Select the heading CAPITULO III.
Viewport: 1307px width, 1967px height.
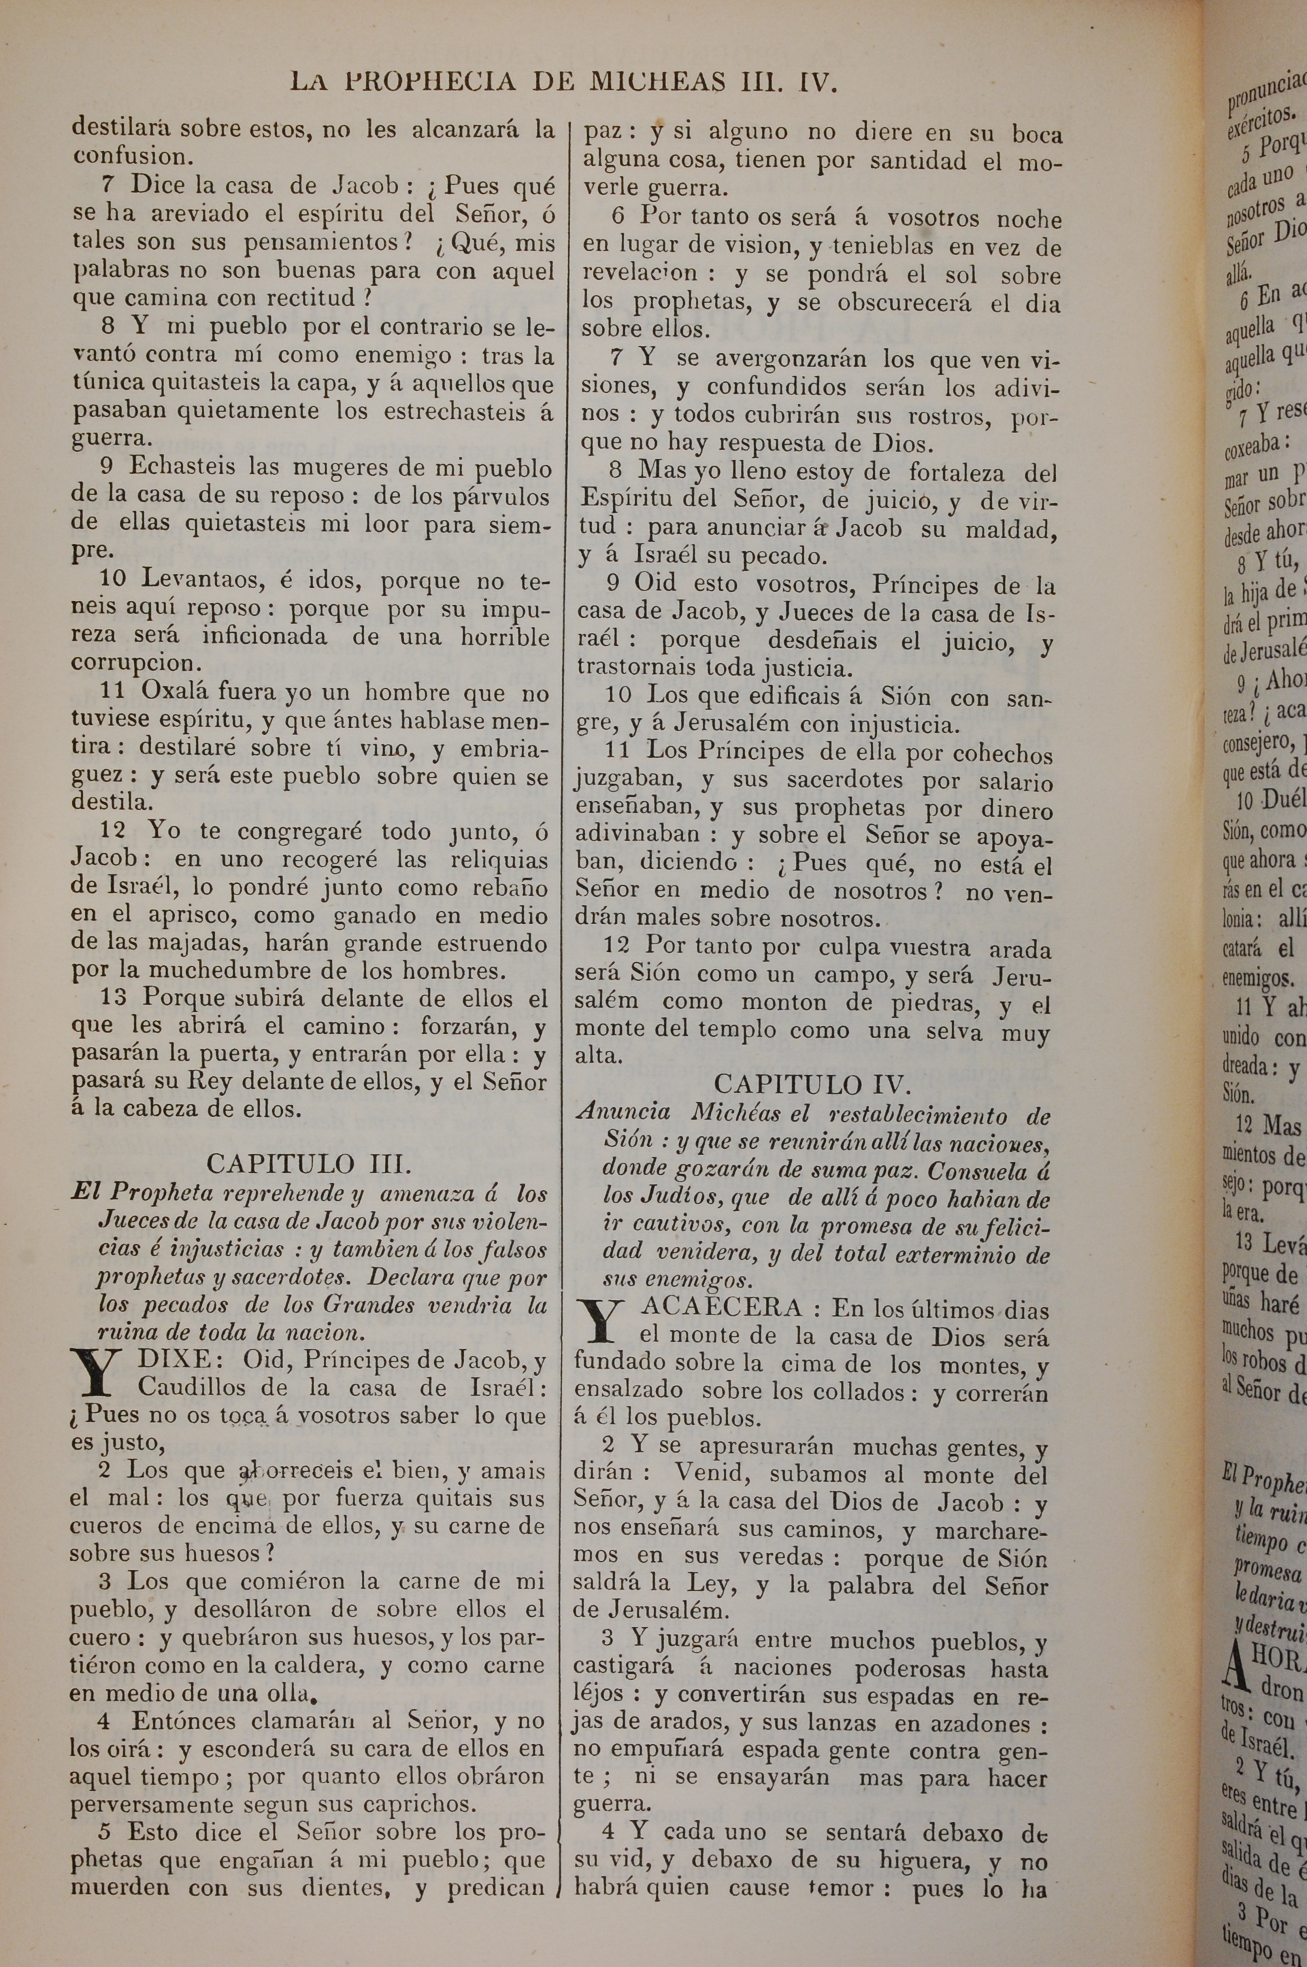(x=308, y=1164)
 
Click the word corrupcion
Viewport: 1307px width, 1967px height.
(x=137, y=664)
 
